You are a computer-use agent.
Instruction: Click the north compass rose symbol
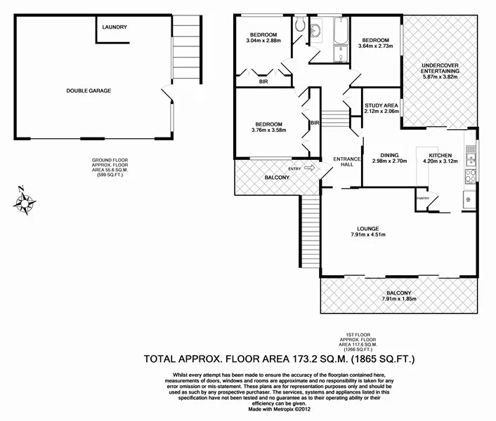coord(25,201)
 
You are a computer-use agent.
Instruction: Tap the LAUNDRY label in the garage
coord(115,27)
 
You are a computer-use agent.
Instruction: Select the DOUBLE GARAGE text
coord(89,91)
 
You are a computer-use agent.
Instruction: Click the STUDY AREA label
coord(382,105)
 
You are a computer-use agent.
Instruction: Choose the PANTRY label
coord(422,199)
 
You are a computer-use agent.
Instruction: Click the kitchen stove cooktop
coord(470,177)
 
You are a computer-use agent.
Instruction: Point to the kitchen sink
coord(469,201)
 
